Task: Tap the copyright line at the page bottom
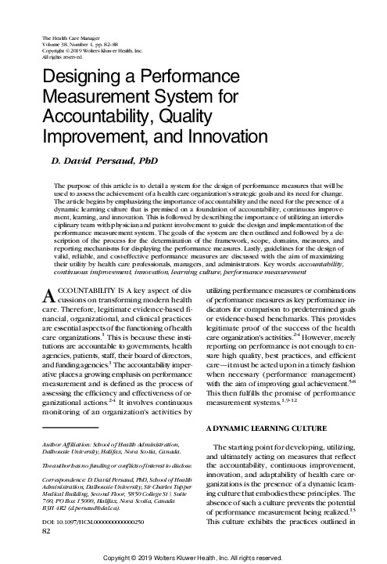coord(193,557)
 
